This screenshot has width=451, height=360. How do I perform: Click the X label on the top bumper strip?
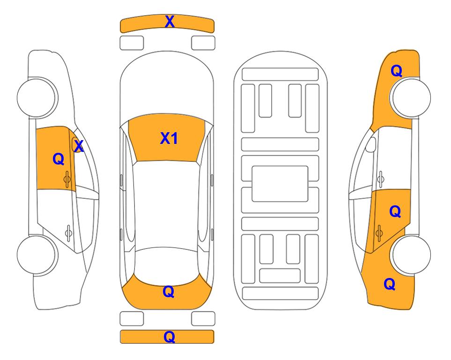click(170, 22)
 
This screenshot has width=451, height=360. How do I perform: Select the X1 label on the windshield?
click(169, 138)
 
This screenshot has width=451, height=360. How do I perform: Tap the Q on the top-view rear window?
click(169, 292)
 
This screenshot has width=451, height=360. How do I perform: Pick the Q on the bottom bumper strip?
click(169, 337)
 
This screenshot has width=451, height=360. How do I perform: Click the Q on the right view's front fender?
click(396, 71)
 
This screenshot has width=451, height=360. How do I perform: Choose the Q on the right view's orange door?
click(395, 211)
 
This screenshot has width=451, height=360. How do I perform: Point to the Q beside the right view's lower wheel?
click(390, 284)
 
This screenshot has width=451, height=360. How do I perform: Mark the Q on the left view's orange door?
click(59, 159)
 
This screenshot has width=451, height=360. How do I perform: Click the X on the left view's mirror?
click(79, 146)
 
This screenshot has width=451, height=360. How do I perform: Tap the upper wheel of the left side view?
click(37, 97)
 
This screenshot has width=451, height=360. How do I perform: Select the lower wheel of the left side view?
click(37, 255)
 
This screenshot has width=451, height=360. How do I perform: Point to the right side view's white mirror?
click(371, 144)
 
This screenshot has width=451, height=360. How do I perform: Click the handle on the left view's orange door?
click(67, 179)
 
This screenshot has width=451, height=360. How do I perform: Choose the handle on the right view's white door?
click(381, 179)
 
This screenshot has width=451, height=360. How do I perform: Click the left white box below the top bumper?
click(132, 43)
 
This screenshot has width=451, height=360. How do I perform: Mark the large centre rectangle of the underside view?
click(280, 184)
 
